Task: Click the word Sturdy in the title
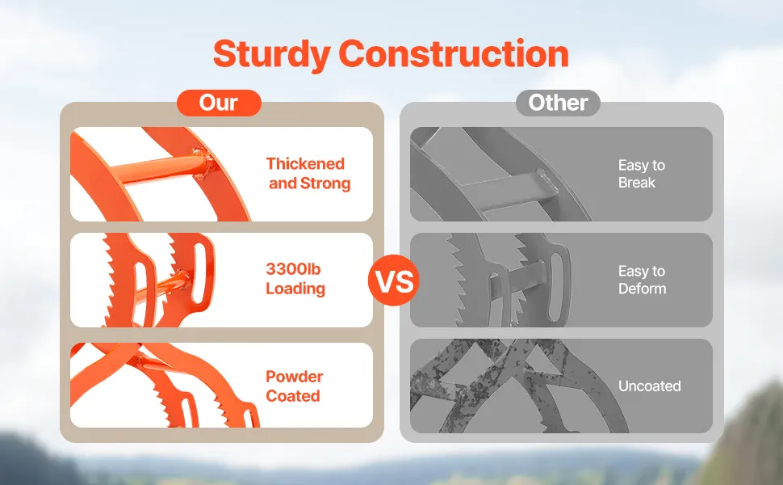point(271,54)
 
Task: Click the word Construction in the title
point(454,53)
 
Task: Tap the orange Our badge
point(219,103)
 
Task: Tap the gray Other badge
point(558,103)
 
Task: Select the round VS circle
point(394,280)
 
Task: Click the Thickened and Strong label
point(308,173)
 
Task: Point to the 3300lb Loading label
point(295,279)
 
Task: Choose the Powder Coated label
point(294,386)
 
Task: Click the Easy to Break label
point(642,174)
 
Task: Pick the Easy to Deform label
point(643,280)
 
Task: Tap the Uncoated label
point(650,386)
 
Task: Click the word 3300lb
point(293,269)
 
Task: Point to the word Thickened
point(305,163)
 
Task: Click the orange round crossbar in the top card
point(165,168)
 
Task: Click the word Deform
point(643,289)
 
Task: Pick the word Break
point(637,183)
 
